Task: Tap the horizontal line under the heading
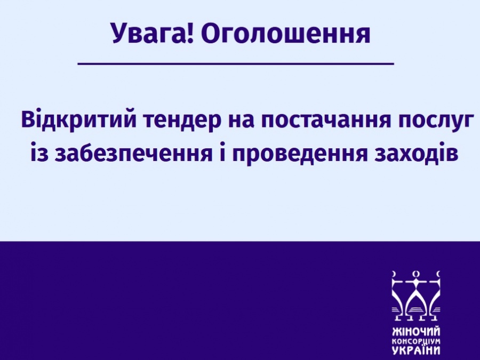(236, 63)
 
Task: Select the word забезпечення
(133, 153)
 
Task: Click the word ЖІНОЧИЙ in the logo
(416, 332)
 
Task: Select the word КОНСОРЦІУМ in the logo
(416, 341)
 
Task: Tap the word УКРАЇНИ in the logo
(416, 350)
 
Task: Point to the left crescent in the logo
(394, 274)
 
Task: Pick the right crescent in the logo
(438, 274)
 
